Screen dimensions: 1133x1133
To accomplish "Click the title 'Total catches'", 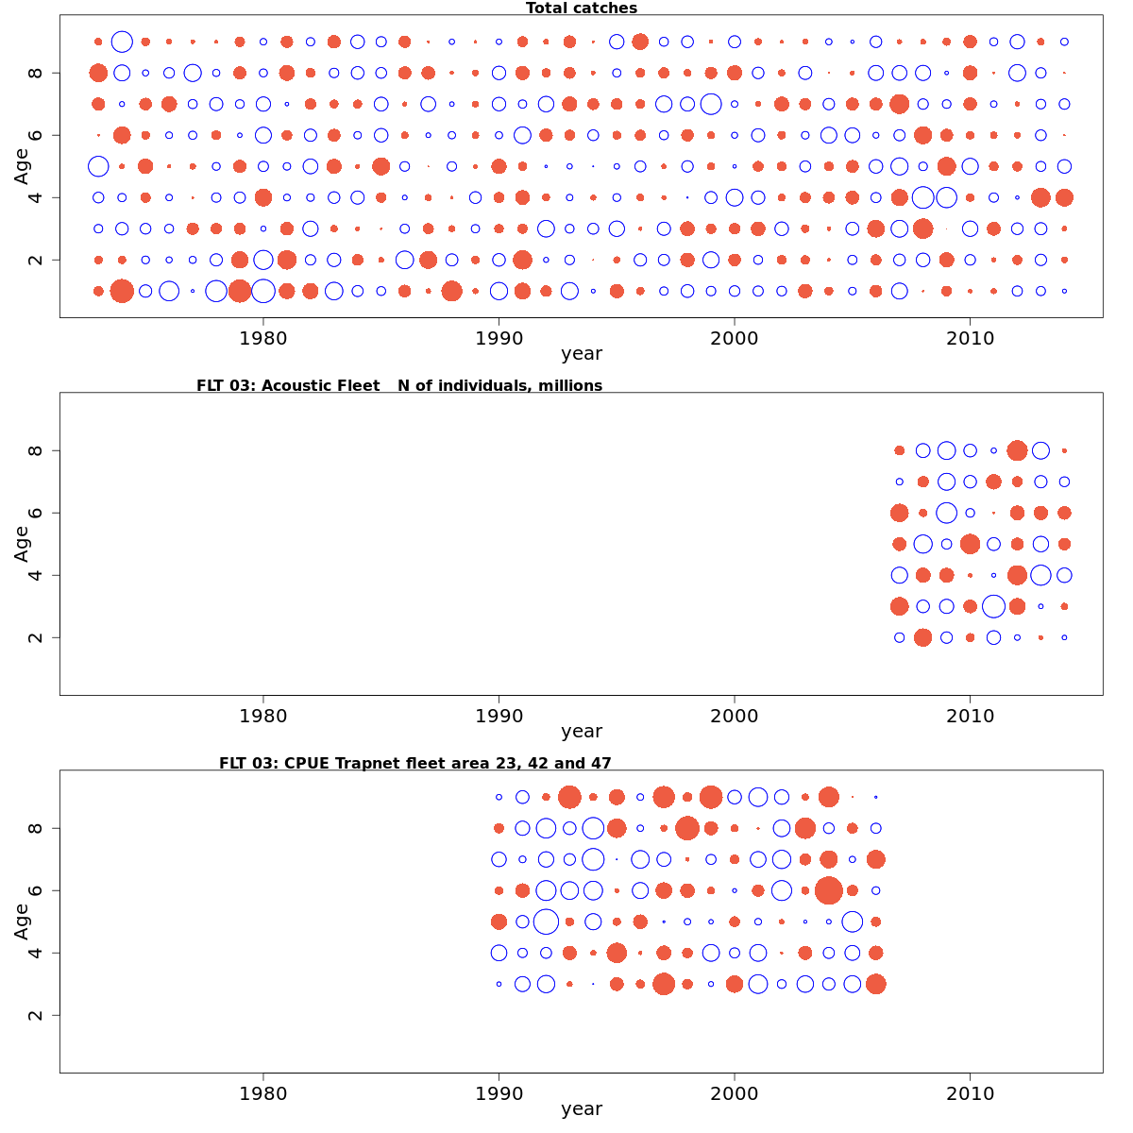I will pos(581,8).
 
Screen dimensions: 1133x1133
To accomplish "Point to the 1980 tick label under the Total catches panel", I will pos(262,339).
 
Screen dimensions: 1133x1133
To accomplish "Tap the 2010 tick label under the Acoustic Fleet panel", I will pos(970,717).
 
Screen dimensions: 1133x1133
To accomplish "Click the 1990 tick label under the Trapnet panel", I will pos(499,1094).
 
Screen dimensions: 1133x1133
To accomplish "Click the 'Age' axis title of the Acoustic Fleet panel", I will pos(22,544).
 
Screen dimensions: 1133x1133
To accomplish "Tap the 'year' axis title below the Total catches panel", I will pos(581,355).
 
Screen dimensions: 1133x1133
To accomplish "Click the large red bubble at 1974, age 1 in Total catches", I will pos(122,291).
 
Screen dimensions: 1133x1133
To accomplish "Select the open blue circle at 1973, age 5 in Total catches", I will pos(98,166).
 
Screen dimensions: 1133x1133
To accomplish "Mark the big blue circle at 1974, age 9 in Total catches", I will pos(122,42).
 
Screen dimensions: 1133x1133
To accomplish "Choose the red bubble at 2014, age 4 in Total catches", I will pos(1064,197).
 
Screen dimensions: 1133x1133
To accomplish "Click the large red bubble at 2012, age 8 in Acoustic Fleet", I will pos(1017,450).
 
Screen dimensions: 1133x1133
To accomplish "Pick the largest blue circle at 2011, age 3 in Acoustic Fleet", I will pos(993,606).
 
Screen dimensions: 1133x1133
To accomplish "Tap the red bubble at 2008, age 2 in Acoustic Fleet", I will pos(922,637).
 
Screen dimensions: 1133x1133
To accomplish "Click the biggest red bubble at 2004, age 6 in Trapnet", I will pos(828,890).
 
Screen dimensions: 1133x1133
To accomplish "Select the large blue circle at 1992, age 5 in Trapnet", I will pos(546,922).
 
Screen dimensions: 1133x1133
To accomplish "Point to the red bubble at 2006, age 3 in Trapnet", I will pos(875,984).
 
